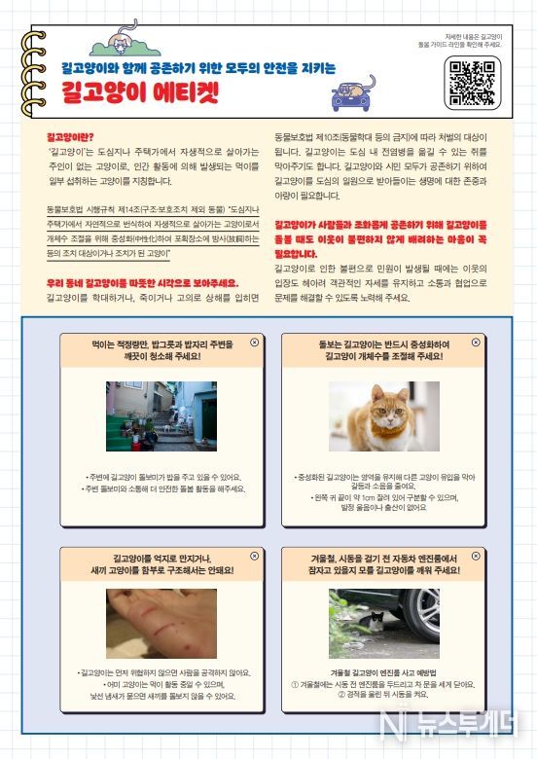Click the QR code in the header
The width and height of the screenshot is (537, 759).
point(473,82)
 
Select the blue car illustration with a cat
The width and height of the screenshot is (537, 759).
point(353,91)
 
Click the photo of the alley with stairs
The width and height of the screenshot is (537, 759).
point(161,416)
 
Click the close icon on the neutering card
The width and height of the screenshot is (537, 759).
point(475,343)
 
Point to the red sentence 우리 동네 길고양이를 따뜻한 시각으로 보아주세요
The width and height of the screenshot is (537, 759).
point(143,282)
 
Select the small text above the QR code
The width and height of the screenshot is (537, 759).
point(473,40)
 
